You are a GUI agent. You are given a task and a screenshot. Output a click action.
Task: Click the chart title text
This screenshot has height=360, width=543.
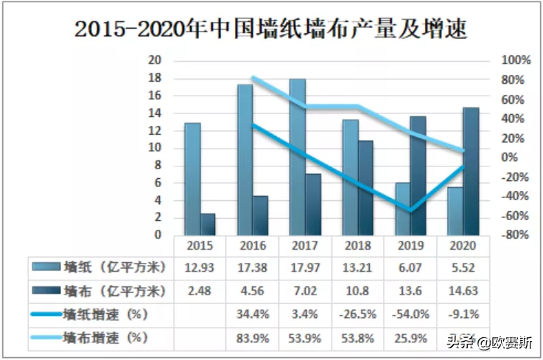coord(271,29)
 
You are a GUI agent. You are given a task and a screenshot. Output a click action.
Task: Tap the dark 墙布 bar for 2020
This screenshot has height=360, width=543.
coord(470,172)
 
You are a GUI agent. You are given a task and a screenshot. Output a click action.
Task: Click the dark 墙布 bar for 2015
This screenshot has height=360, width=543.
coord(208,225)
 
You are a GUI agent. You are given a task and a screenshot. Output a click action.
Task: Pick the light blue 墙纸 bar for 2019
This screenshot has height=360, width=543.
coord(402,209)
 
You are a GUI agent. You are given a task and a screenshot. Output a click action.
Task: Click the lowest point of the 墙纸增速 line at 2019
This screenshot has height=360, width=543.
coord(410,211)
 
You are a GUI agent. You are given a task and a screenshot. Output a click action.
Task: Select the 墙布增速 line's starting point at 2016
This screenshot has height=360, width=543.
coord(253,77)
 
